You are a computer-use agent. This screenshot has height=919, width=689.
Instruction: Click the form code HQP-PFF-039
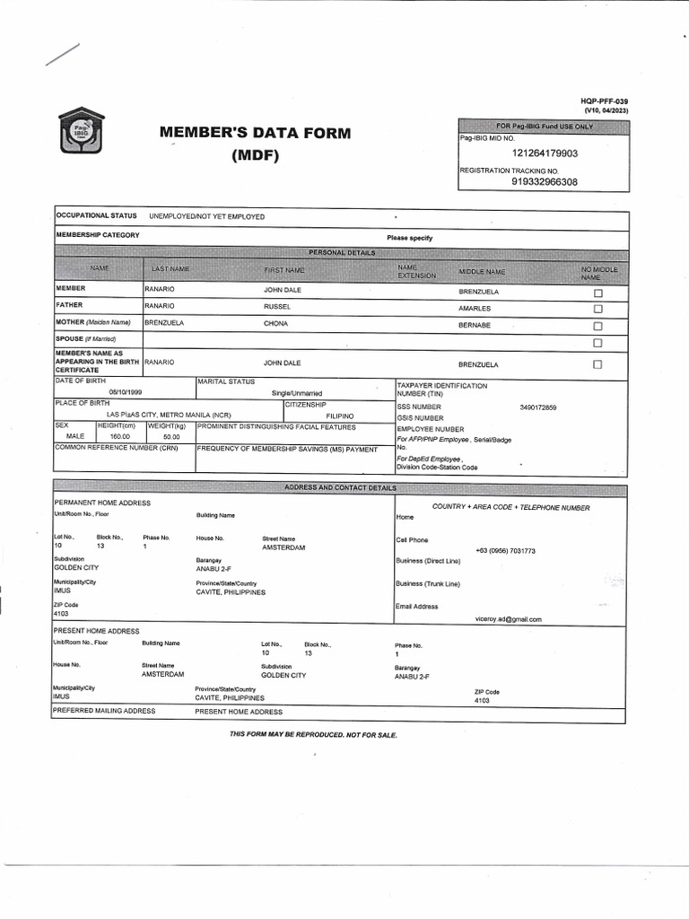pyautogui.click(x=606, y=101)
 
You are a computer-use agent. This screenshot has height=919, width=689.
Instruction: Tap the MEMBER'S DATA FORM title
pyautogui.click(x=256, y=134)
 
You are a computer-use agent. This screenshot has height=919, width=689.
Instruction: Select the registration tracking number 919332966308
pyautogui.click(x=545, y=182)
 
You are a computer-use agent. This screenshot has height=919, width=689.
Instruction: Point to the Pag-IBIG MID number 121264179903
pyautogui.click(x=545, y=153)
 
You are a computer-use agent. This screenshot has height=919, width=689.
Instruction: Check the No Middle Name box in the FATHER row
pyautogui.click(x=597, y=309)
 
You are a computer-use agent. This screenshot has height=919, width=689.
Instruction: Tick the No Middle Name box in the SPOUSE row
pyautogui.click(x=597, y=343)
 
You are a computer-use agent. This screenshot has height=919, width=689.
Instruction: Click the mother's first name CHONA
pyautogui.click(x=275, y=324)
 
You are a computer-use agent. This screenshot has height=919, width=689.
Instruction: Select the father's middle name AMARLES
pyautogui.click(x=475, y=308)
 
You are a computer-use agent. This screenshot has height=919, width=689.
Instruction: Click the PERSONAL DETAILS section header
pyautogui.click(x=341, y=253)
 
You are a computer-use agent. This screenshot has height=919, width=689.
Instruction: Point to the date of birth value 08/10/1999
pyautogui.click(x=126, y=393)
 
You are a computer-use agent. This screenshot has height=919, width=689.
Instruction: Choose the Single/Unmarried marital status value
pyautogui.click(x=296, y=393)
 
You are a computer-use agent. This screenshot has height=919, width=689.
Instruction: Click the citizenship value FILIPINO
pyautogui.click(x=340, y=416)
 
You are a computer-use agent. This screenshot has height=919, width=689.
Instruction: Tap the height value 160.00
pyautogui.click(x=120, y=436)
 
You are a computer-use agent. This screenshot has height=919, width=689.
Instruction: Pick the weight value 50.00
pyautogui.click(x=170, y=436)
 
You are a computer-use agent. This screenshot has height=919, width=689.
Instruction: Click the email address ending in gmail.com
pyautogui.click(x=508, y=619)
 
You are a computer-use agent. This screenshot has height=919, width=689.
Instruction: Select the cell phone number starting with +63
pyautogui.click(x=505, y=550)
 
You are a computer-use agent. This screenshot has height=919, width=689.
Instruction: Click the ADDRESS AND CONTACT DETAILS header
pyautogui.click(x=340, y=487)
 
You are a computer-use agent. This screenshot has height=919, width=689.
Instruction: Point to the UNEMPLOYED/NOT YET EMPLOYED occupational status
pyautogui.click(x=206, y=216)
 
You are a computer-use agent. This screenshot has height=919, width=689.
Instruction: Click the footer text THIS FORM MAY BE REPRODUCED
pyautogui.click(x=313, y=734)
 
